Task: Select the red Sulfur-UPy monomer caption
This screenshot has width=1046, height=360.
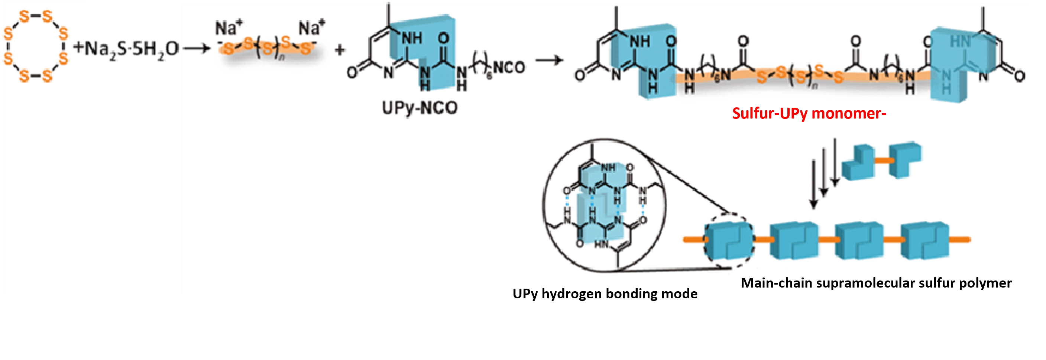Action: tap(809, 113)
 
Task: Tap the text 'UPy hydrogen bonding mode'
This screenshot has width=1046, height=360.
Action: tap(605, 293)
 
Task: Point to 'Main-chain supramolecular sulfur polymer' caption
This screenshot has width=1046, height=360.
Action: tap(876, 283)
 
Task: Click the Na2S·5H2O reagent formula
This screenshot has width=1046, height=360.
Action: tap(126, 49)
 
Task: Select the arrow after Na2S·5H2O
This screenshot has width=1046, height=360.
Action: tap(197, 49)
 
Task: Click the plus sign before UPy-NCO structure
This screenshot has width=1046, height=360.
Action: tap(340, 50)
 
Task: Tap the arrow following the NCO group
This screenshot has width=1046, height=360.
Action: tap(549, 61)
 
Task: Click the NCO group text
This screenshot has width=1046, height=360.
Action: tap(509, 67)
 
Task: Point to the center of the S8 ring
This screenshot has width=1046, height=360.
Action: tap(36, 46)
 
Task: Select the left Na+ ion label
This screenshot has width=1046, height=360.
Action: tap(229, 28)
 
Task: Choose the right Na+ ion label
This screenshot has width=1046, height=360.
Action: tap(311, 28)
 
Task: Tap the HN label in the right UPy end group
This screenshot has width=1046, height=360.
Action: tap(960, 41)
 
